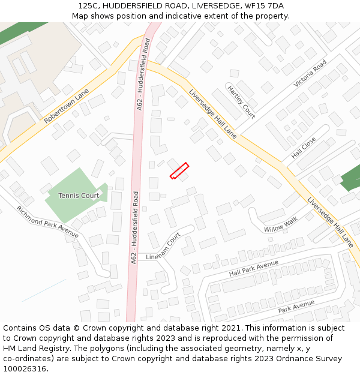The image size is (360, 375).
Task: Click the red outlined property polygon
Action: click(179, 171)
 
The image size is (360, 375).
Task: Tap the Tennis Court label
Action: click(79, 196)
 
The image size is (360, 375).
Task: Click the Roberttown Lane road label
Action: click(66, 107)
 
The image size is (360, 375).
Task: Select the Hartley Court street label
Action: click(241, 101)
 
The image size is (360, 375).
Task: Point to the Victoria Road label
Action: click(310, 74)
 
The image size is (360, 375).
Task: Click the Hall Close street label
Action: click(304, 148)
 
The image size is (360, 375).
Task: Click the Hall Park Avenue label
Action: click(254, 269)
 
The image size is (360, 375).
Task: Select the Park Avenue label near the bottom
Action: click(296, 307)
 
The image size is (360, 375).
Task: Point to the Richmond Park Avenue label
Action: click(47, 222)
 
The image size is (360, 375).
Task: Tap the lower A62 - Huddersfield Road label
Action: click(135, 227)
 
